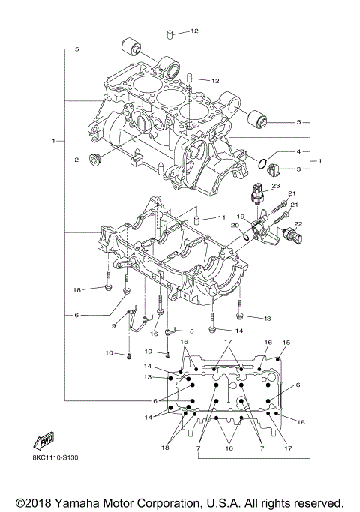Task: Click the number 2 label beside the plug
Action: [x=76, y=159]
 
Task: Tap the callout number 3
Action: [x=298, y=170]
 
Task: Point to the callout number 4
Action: [x=298, y=151]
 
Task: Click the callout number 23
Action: [x=275, y=186]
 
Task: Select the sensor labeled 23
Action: [x=259, y=193]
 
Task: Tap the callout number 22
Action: [x=298, y=223]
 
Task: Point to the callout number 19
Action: [x=242, y=216]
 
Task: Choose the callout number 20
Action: [x=235, y=226]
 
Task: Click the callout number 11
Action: [x=221, y=217]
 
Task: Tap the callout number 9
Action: [x=115, y=326]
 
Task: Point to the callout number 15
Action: [x=285, y=343]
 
